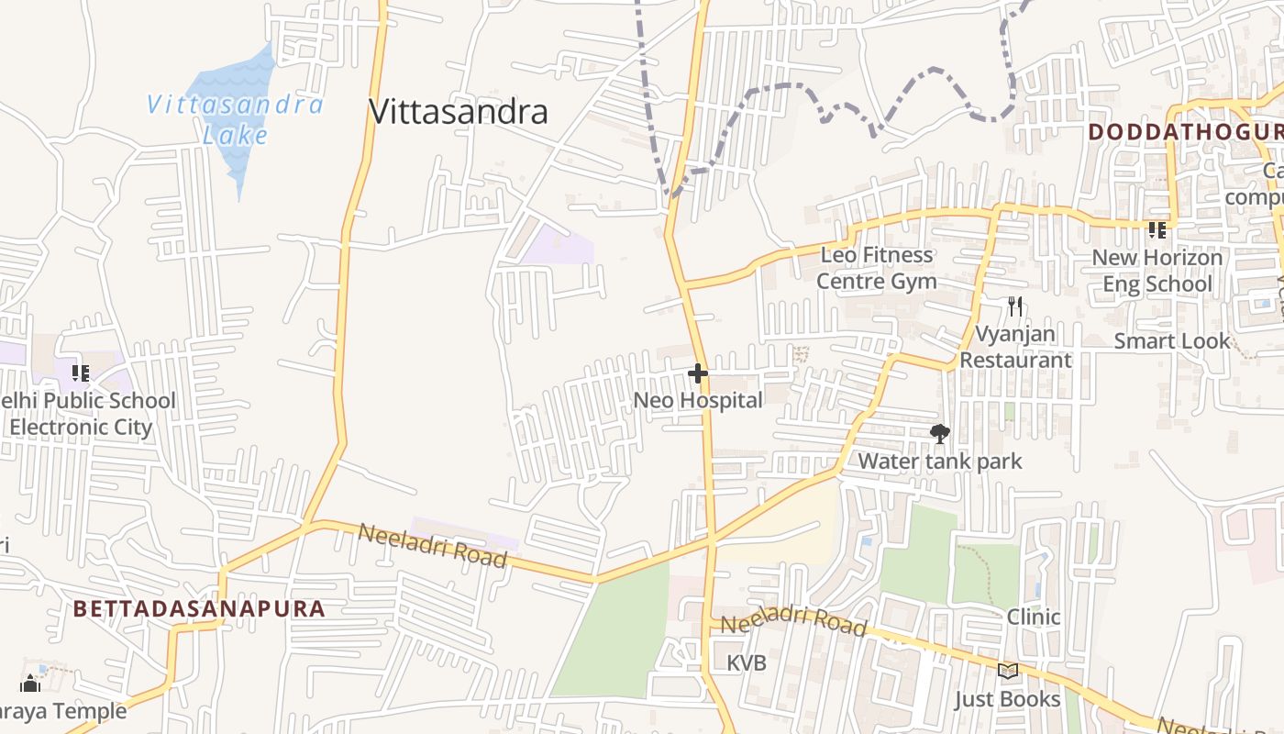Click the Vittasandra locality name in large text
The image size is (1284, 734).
[x=458, y=112]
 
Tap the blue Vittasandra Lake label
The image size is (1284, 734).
[x=235, y=119]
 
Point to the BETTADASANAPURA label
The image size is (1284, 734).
[x=199, y=608]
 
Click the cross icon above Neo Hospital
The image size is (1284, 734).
[x=698, y=373]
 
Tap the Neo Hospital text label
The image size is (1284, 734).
[x=698, y=401]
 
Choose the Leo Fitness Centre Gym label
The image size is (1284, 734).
[x=876, y=268]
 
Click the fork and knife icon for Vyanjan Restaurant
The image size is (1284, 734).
[x=1014, y=306]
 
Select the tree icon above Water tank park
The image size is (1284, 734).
[x=939, y=434]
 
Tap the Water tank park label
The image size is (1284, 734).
[x=939, y=461]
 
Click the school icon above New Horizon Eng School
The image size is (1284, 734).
[x=1157, y=230]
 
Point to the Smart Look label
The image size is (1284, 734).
[x=1171, y=341]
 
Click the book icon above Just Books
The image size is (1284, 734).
[x=1008, y=672]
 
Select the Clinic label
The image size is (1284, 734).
[x=1034, y=617]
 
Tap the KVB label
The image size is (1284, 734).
[x=746, y=662]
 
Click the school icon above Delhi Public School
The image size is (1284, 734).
[x=81, y=373]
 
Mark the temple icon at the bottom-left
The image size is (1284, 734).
[x=30, y=684]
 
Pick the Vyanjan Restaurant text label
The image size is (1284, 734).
[x=1014, y=347]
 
